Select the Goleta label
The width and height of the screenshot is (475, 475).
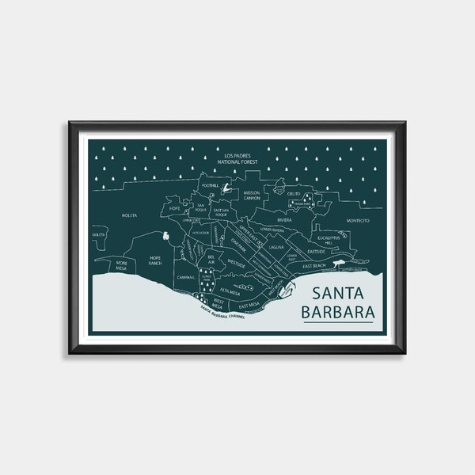[97, 235]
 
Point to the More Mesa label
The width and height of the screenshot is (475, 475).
[121, 264]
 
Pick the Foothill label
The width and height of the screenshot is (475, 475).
[210, 185]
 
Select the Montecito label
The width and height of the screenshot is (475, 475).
[357, 221]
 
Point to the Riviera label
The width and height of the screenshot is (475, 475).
[283, 221]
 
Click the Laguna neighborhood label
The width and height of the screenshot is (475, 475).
[276, 247]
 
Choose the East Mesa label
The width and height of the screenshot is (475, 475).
[249, 304]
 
